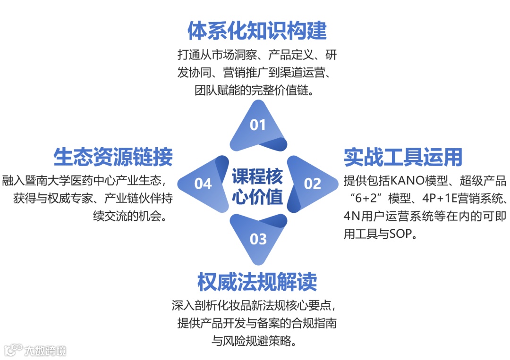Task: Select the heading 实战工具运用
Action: click(x=403, y=157)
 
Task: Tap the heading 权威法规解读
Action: click(x=257, y=282)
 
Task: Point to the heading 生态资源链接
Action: click(x=113, y=157)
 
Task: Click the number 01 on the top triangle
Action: click(x=258, y=125)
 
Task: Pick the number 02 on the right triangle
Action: click(x=312, y=184)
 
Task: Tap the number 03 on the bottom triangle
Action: click(x=258, y=239)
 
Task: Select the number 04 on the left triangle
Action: click(x=203, y=184)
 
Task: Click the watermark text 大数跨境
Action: click(x=45, y=351)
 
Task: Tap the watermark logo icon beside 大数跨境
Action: click(x=13, y=350)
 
